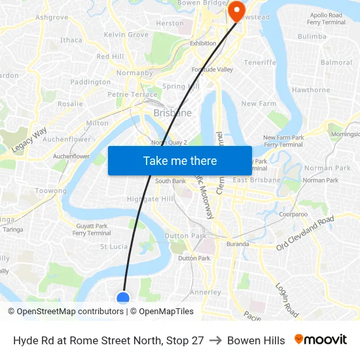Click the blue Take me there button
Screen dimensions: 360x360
[x=180, y=160]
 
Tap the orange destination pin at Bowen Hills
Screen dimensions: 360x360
[x=236, y=9]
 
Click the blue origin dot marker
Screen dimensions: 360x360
[x=123, y=298]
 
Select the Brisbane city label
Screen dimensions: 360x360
[x=172, y=113]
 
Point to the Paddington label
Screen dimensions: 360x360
[x=90, y=82]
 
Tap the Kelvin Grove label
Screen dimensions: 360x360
[x=126, y=34]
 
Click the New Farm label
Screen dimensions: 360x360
[x=259, y=103]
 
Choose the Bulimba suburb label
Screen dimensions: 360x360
[x=312, y=37]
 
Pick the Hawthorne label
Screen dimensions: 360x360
[x=311, y=90]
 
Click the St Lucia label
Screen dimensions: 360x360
[x=114, y=246]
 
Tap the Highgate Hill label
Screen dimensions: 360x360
[x=151, y=198]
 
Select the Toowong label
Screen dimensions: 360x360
[x=51, y=190]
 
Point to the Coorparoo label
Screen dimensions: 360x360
[x=293, y=213]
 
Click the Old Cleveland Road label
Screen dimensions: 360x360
[x=305, y=232]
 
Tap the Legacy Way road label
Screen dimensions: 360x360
[x=29, y=139]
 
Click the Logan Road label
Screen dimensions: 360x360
[x=287, y=300]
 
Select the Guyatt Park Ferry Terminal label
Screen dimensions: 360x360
[x=92, y=229]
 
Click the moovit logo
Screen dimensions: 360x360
[x=321, y=340]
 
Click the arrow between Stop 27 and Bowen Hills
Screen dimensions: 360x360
[x=215, y=340]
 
